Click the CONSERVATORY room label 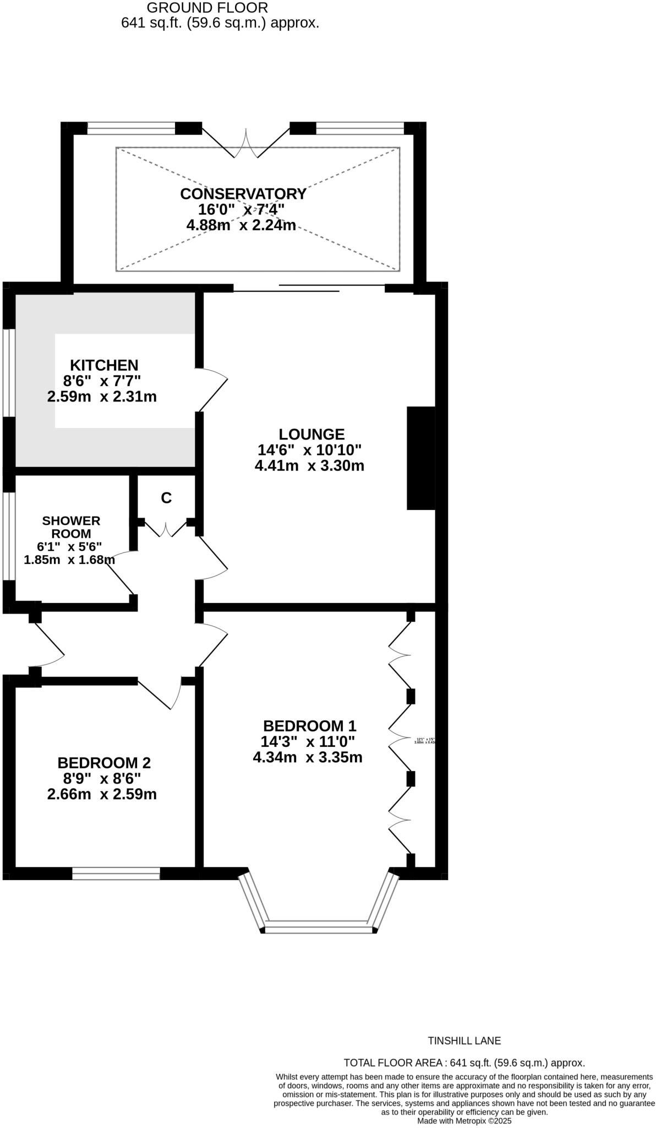243,194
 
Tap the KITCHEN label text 104,365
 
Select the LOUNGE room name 311,434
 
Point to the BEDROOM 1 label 310,725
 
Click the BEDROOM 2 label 104,763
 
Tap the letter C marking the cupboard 166,498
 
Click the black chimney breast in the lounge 421,458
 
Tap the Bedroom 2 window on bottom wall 116,874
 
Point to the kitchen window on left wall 9,373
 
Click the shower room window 9,536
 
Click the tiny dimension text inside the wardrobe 425,741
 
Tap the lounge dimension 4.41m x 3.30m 309,466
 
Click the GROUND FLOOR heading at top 207,8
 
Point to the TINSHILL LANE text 464,1041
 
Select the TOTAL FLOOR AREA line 464,1063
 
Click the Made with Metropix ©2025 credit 464,1121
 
